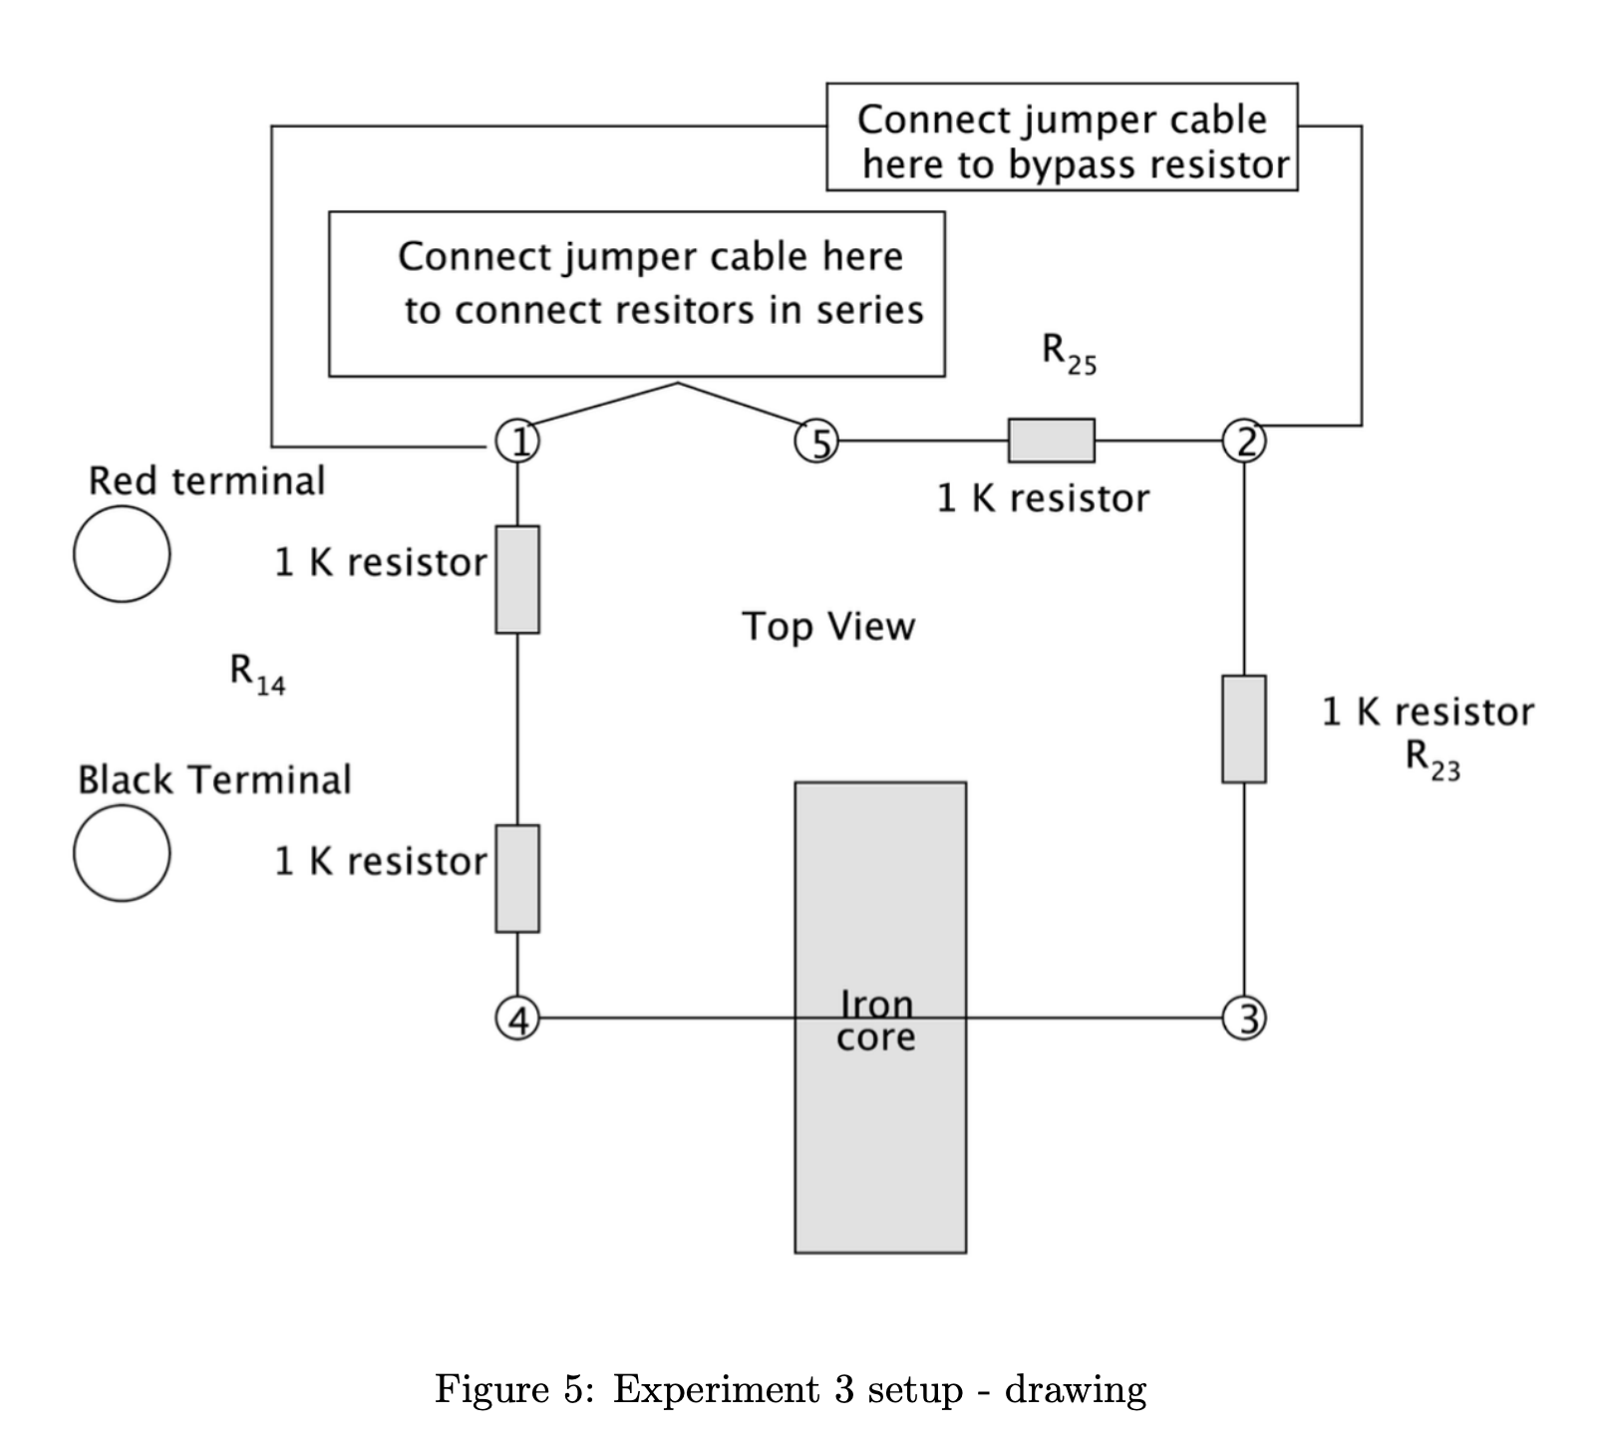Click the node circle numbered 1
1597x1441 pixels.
pyautogui.click(x=517, y=440)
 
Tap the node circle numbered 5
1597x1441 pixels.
pyautogui.click(x=816, y=440)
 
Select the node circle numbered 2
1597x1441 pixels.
pyautogui.click(x=1244, y=440)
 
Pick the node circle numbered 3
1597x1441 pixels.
pyautogui.click(x=1244, y=1018)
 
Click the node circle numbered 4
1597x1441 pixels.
pyautogui.click(x=517, y=1018)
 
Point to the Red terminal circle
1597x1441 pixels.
pyautogui.click(x=122, y=554)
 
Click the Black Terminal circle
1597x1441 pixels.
pyautogui.click(x=122, y=853)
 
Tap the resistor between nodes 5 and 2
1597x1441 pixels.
pyautogui.click(x=1051, y=440)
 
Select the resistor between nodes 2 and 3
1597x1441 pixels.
pyautogui.click(x=1244, y=728)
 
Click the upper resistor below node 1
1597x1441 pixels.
pyautogui.click(x=517, y=579)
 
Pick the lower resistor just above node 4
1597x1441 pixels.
pyautogui.click(x=517, y=878)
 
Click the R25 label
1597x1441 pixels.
pyautogui.click(x=1069, y=354)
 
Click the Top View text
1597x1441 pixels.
pyautogui.click(x=828, y=627)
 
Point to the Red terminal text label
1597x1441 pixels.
pyautogui.click(x=207, y=481)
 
